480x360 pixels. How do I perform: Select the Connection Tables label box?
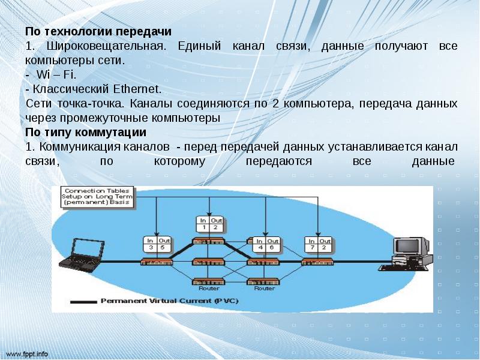point(98,197)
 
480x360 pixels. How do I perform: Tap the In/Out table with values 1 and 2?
point(210,224)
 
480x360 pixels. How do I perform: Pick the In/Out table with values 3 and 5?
point(158,244)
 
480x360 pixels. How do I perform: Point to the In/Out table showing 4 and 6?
point(265,244)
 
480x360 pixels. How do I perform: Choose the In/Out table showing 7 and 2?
point(317,244)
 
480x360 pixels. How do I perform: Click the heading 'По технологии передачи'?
point(99,31)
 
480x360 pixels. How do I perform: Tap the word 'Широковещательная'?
point(101,46)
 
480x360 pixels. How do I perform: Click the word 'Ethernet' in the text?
point(137,89)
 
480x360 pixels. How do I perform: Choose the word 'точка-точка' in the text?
point(86,104)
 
